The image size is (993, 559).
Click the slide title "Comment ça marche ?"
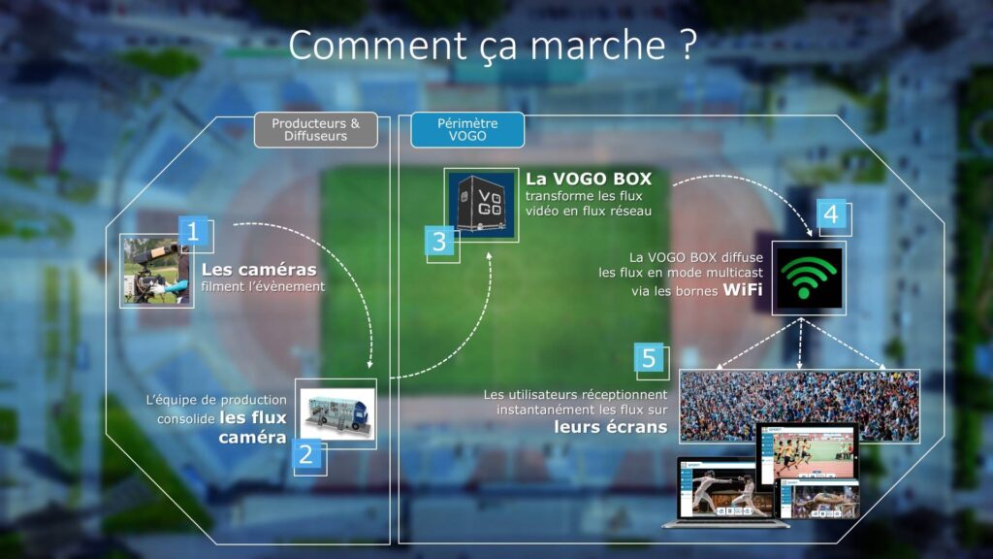pyautogui.click(x=493, y=45)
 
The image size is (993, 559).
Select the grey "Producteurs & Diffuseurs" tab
pyautogui.click(x=316, y=130)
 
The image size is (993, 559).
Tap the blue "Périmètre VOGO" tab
pyautogui.click(x=467, y=130)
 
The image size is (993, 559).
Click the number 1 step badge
pyautogui.click(x=193, y=231)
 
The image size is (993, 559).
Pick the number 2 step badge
pyautogui.click(x=306, y=454)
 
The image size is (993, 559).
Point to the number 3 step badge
pyautogui.click(x=439, y=242)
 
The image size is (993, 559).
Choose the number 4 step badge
pyautogui.click(x=831, y=214)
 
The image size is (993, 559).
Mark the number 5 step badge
pyautogui.click(x=649, y=358)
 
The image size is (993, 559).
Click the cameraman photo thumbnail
pyautogui.click(x=156, y=272)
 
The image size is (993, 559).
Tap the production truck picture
pyautogui.click(x=336, y=413)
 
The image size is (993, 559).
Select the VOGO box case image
pyautogui.click(x=481, y=205)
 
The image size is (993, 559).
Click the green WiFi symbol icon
pyautogui.click(x=809, y=279)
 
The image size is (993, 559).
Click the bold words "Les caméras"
pyautogui.click(x=259, y=270)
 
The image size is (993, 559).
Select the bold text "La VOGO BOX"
pyautogui.click(x=589, y=179)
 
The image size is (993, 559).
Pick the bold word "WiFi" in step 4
pyautogui.click(x=743, y=289)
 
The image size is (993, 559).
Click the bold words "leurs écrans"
pyautogui.click(x=611, y=427)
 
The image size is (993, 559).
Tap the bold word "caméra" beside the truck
pyautogui.click(x=253, y=438)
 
